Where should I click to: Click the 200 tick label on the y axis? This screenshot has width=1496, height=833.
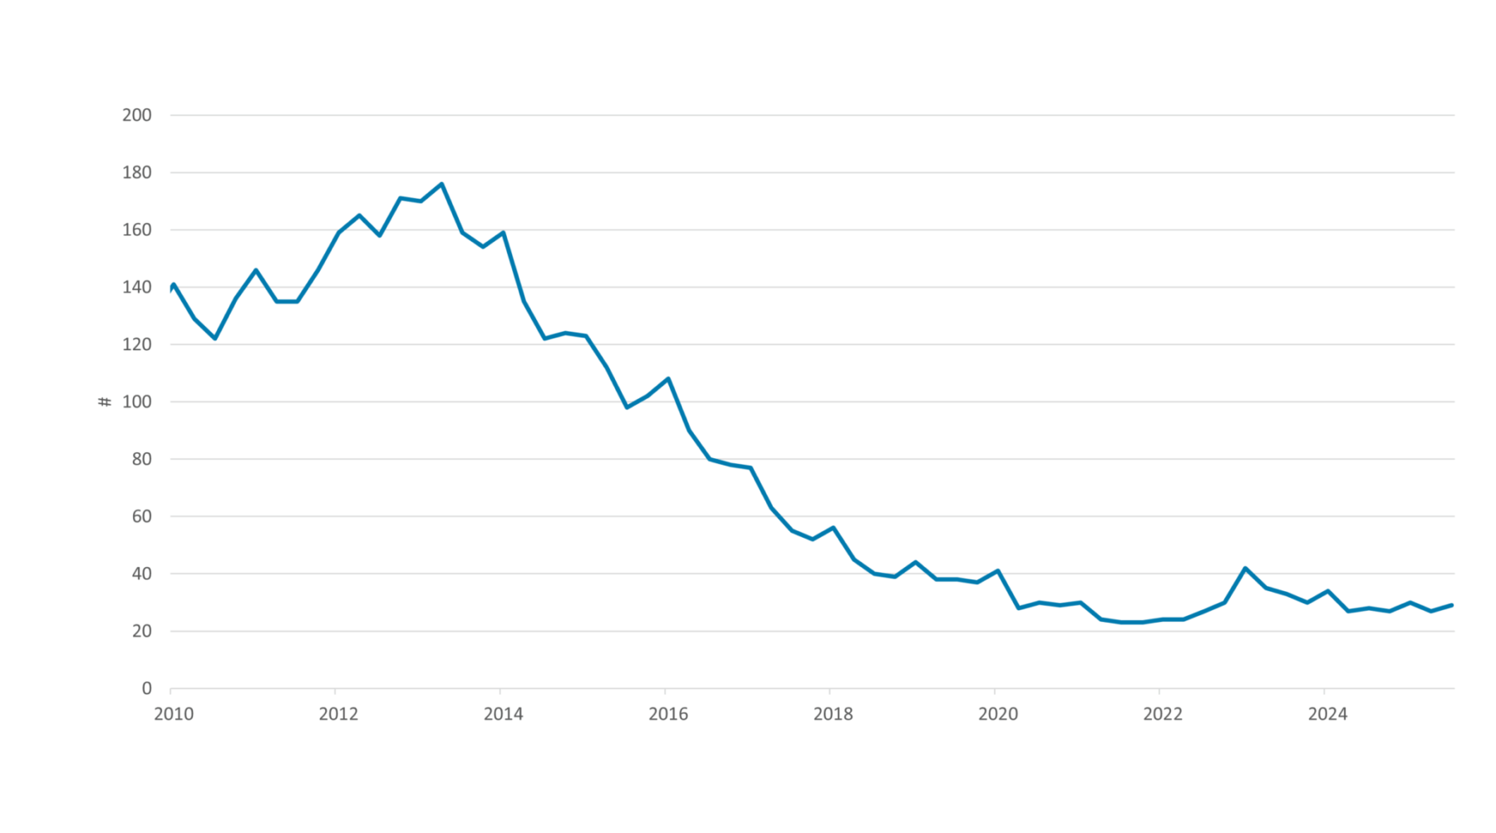(137, 115)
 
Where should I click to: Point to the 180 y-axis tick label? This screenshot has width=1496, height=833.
(137, 172)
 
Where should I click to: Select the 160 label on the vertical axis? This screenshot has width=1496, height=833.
(137, 229)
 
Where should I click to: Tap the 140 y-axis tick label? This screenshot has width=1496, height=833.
(137, 287)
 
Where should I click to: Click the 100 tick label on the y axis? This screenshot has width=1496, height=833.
(137, 402)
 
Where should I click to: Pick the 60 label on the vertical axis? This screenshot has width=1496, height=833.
(141, 516)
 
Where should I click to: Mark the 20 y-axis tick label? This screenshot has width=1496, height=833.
(141, 631)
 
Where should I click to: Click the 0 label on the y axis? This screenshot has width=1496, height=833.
(146, 688)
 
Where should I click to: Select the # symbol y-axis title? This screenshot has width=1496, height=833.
(105, 402)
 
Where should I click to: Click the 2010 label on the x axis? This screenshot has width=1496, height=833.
(174, 714)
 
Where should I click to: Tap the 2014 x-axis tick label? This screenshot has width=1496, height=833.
(504, 714)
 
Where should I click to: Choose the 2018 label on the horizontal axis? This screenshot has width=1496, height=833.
(833, 714)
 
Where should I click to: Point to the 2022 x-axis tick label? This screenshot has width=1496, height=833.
(1163, 714)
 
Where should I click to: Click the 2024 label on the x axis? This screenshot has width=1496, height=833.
(1327, 714)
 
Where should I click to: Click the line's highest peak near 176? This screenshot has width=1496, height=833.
(441, 184)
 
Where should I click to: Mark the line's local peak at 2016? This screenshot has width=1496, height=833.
(668, 379)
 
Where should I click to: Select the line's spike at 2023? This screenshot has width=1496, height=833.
(1245, 568)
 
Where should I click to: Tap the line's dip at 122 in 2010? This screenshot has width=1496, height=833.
(215, 338)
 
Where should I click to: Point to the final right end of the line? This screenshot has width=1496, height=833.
(1451, 605)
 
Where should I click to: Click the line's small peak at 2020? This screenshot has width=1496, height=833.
(998, 571)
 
